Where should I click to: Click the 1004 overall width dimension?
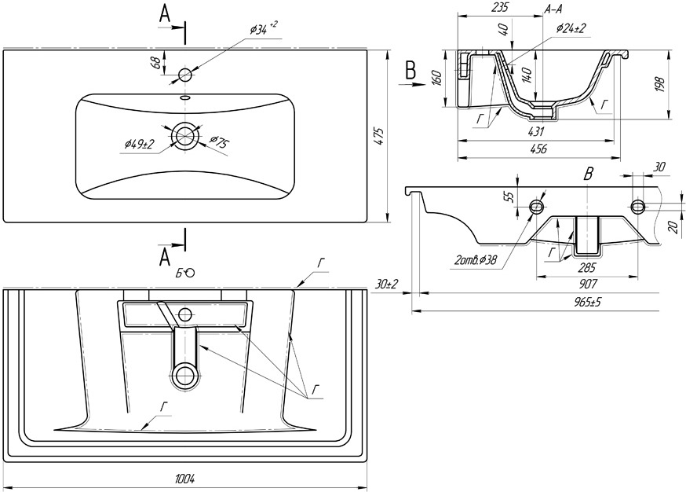click(x=186, y=478)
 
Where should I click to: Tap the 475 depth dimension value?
click(x=379, y=137)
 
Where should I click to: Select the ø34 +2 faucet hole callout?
click(x=264, y=29)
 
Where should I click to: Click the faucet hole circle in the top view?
click(x=185, y=75)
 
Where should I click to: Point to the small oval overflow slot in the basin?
click(x=185, y=97)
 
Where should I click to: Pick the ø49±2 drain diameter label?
click(x=140, y=145)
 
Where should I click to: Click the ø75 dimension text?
click(x=219, y=143)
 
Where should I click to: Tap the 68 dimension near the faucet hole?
click(x=155, y=62)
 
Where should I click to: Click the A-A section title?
click(x=553, y=9)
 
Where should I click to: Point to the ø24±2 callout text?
click(x=571, y=28)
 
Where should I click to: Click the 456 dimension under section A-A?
click(x=538, y=149)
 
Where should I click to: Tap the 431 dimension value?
click(x=536, y=131)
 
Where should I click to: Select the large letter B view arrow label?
click(x=411, y=70)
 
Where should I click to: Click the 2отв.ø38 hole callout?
click(x=476, y=260)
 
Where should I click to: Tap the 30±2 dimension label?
click(x=386, y=284)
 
